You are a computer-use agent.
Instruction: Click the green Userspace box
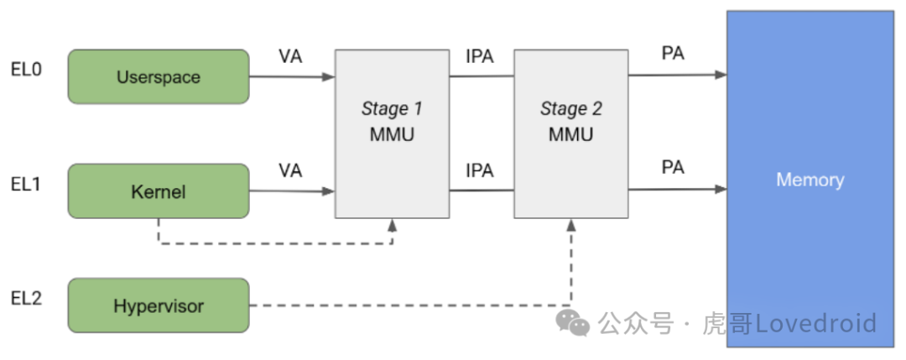(158, 77)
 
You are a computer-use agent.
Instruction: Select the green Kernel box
(158, 191)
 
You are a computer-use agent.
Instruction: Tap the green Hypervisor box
(158, 305)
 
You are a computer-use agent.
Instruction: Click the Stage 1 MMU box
(392, 122)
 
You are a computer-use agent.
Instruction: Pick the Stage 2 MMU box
(570, 122)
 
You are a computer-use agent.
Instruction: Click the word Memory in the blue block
(810, 180)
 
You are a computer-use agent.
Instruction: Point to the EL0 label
(25, 69)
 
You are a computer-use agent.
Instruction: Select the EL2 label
(25, 297)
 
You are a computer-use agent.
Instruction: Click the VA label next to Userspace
(290, 57)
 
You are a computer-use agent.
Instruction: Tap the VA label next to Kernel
(290, 171)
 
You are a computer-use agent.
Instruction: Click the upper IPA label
(480, 57)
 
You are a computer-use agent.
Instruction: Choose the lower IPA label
(480, 171)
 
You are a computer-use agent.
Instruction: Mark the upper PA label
(673, 55)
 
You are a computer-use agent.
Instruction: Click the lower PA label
(673, 168)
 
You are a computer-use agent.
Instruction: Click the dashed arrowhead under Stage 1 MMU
(393, 225)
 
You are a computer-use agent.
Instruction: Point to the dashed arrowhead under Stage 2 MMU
(571, 225)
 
